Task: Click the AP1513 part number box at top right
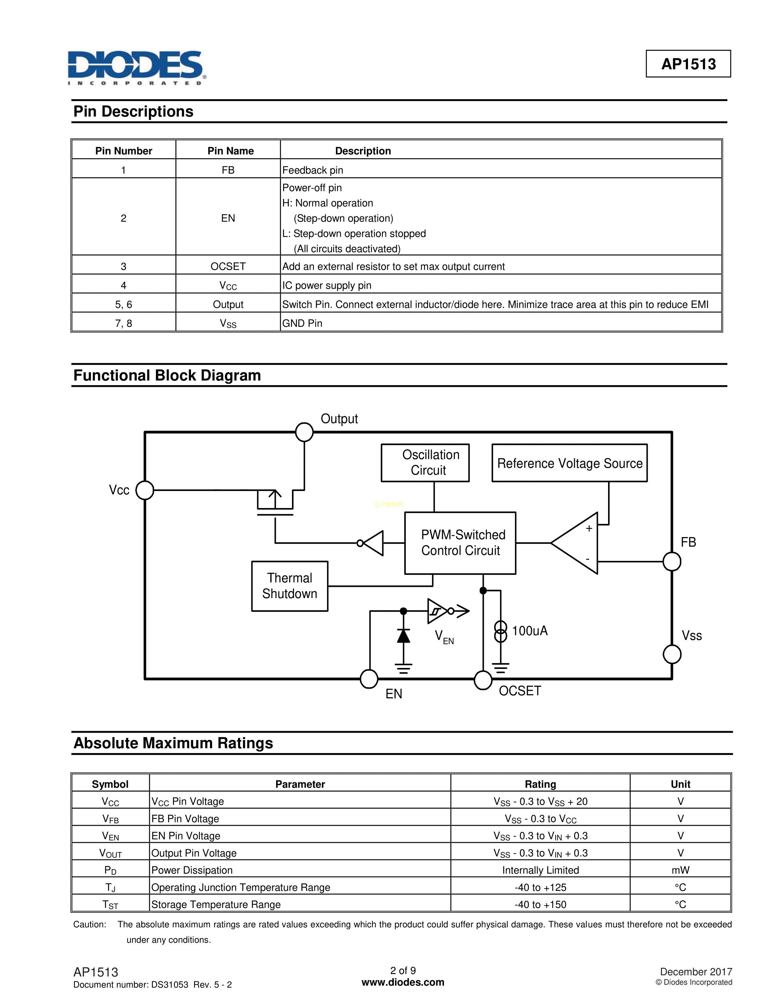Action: click(688, 64)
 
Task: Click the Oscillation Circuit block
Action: click(425, 463)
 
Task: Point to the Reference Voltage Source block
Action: click(569, 463)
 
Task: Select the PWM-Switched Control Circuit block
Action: click(460, 543)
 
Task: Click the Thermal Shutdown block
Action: click(290, 586)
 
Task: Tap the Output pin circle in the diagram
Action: click(304, 432)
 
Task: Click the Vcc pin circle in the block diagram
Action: click(145, 490)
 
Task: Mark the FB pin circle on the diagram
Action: click(672, 561)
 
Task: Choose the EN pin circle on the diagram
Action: click(369, 679)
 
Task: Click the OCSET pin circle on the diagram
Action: click(483, 680)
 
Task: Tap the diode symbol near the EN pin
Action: click(403, 636)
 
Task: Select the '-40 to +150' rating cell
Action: click(540, 905)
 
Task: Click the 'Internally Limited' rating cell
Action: click(540, 870)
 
